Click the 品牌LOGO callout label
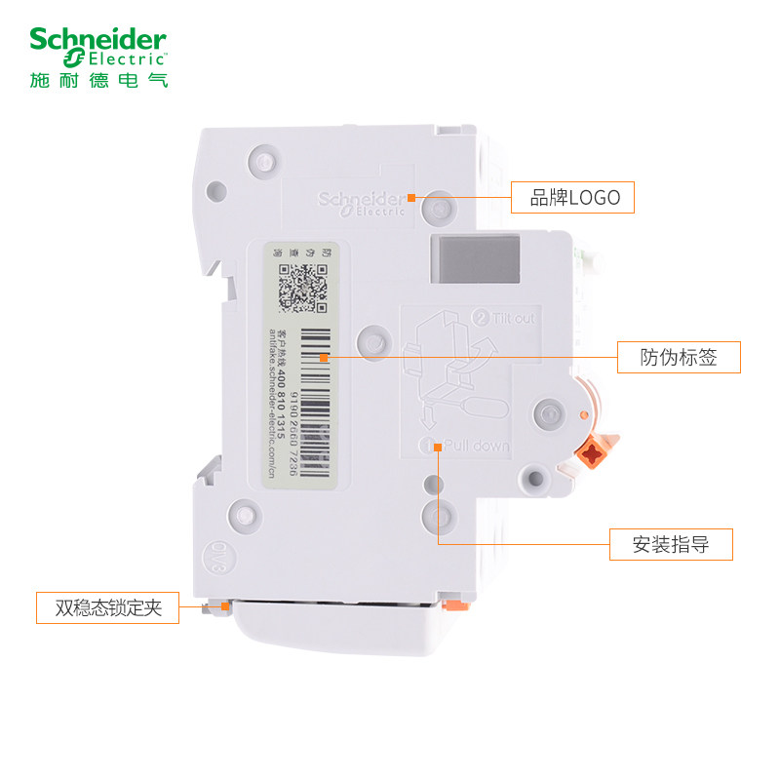point(573,198)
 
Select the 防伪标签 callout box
point(679,357)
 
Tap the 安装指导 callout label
point(670,544)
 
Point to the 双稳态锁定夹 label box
point(107,607)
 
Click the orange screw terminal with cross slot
point(591,451)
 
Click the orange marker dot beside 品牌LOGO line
point(411,198)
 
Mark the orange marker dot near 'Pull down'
point(439,447)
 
